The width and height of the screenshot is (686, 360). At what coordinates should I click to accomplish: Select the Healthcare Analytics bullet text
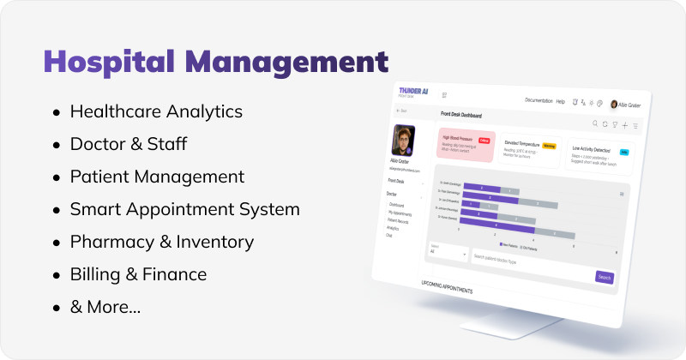156,111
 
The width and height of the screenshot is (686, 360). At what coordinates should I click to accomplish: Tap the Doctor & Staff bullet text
129,144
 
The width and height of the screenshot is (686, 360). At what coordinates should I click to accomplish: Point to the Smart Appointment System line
184,209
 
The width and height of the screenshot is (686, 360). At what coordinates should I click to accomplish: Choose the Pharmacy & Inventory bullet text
162,242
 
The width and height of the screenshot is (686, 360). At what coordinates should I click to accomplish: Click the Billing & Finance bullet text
138,274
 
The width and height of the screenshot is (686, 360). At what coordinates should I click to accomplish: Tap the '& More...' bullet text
105,307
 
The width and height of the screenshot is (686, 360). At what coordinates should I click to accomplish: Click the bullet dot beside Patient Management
57,177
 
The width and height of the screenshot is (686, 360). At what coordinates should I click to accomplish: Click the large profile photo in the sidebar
403,141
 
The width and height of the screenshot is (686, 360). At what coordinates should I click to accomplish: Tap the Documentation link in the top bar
539,101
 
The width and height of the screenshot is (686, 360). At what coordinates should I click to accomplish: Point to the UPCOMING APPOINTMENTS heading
447,291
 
